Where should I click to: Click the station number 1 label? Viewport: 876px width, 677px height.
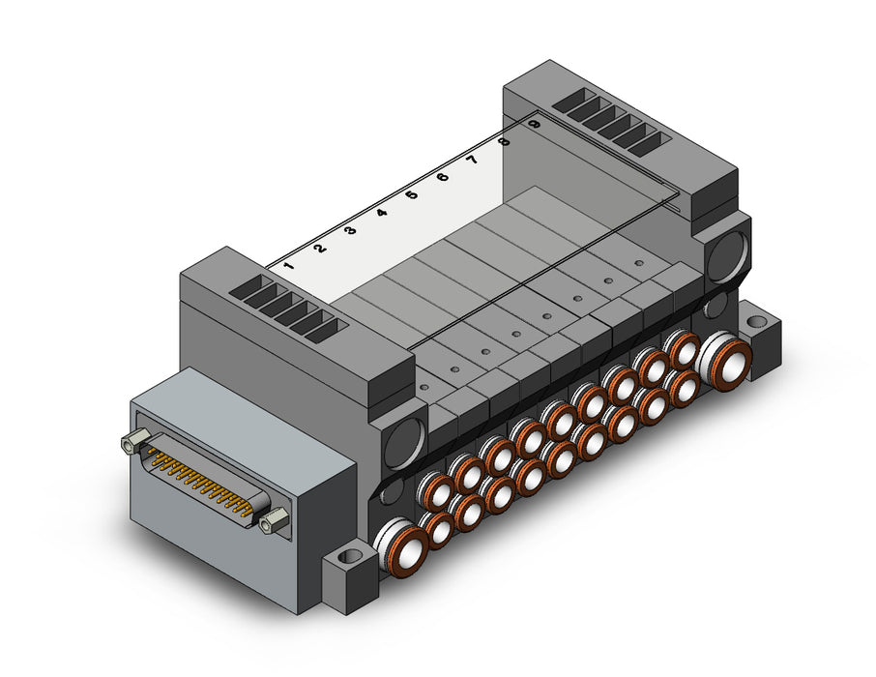[x=288, y=266]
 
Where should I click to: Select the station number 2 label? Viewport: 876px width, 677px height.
[x=320, y=249]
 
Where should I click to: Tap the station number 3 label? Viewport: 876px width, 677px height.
[x=351, y=230]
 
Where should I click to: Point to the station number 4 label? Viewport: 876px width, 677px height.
[x=382, y=213]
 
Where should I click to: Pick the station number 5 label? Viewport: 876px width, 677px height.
[x=412, y=195]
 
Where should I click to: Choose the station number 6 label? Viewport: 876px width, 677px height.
[x=443, y=177]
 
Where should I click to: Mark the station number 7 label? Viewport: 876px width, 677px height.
[x=473, y=160]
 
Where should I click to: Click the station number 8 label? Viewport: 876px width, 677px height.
[x=505, y=141]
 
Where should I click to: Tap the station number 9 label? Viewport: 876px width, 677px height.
[x=535, y=124]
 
